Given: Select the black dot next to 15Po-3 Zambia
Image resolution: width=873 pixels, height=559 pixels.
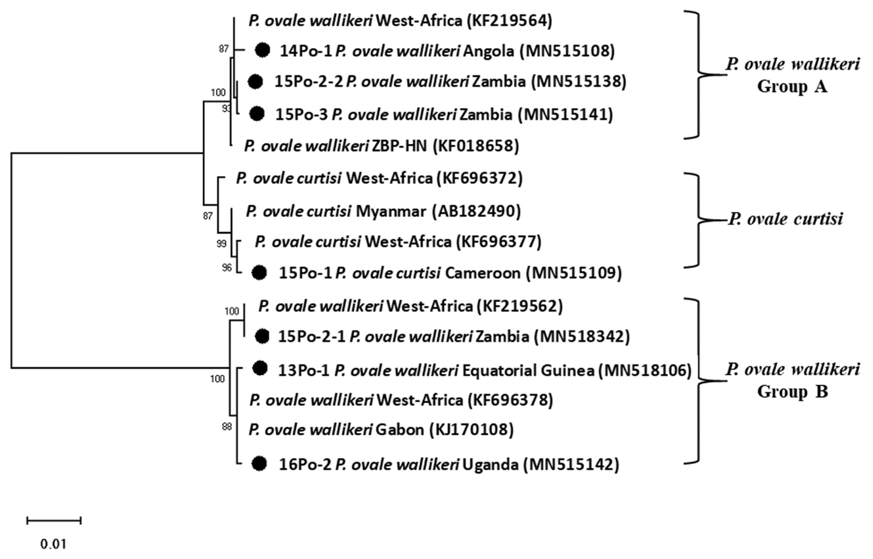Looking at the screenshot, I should [257, 114].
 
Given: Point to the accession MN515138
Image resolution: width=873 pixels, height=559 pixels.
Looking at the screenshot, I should [579, 81].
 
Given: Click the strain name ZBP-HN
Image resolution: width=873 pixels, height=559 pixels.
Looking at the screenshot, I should [399, 146].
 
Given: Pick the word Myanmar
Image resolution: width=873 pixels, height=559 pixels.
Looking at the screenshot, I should [391, 211].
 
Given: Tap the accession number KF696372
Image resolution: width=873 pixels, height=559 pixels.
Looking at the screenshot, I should [480, 178].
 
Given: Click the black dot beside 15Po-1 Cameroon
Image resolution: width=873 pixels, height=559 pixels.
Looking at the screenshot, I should [259, 273].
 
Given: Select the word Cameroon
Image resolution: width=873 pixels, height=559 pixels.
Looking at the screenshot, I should [482, 273].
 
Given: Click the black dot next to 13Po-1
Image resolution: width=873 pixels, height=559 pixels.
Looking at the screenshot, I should [260, 368].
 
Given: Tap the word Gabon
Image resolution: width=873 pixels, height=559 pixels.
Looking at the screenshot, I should [400, 430].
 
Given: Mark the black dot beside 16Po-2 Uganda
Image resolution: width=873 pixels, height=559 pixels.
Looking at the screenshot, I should [259, 463].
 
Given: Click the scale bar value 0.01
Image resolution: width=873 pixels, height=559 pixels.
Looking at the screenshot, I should [53, 544].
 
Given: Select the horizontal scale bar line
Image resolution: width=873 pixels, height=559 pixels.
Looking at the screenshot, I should [54, 521].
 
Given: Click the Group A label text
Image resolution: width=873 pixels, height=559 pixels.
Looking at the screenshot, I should [792, 87].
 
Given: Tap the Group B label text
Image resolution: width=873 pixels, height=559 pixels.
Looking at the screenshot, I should [792, 392].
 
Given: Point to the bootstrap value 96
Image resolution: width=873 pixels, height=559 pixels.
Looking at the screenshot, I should [227, 268].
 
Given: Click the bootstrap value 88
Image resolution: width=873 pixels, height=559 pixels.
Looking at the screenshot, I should [227, 427].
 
